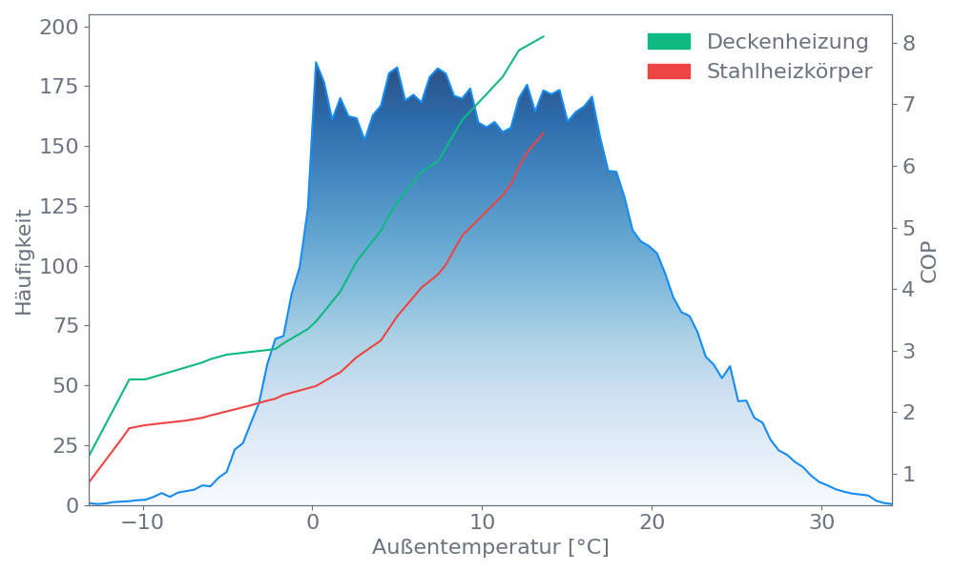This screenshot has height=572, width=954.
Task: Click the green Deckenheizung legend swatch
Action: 669,42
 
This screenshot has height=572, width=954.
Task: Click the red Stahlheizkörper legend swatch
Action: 669,71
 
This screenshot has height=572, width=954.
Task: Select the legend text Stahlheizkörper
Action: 789,71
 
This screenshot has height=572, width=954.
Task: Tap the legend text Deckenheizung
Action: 787,42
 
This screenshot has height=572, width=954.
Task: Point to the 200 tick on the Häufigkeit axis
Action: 59,27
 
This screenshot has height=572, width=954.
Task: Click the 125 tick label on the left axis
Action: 59,206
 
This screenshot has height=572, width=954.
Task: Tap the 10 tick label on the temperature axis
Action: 483,523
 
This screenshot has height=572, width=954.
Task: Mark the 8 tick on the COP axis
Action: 909,43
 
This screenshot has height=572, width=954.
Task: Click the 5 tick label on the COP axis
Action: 909,228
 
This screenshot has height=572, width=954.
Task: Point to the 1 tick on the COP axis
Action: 909,474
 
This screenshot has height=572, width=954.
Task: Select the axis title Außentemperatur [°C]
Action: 490,548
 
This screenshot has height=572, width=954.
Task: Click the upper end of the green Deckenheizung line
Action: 544,36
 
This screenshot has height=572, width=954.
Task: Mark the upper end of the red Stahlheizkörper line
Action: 544,133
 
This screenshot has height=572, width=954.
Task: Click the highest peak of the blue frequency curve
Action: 316,62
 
